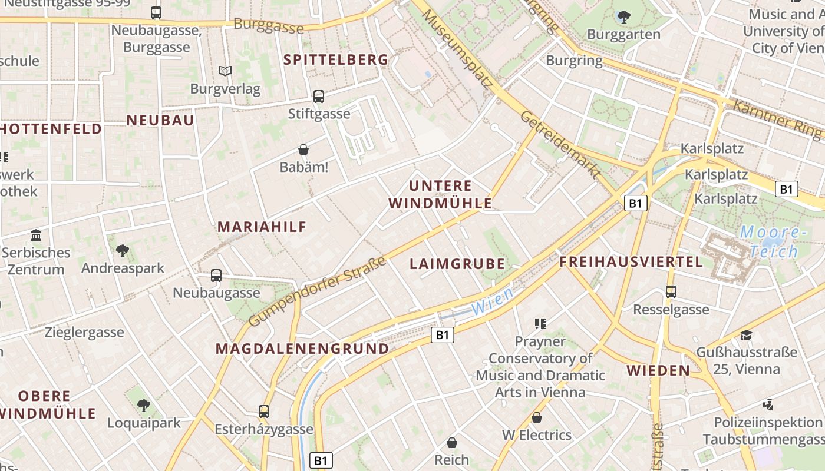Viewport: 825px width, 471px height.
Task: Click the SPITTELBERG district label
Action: (x=336, y=59)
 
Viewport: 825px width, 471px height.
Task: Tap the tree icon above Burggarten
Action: (x=623, y=16)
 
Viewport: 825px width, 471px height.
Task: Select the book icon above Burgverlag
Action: (x=225, y=71)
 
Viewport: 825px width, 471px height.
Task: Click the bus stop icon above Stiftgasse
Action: (x=319, y=96)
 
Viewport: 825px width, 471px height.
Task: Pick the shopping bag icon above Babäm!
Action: (x=303, y=150)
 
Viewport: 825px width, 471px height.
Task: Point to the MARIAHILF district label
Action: (x=262, y=227)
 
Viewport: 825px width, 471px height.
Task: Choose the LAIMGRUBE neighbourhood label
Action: (x=457, y=264)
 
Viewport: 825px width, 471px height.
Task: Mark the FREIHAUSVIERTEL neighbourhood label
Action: (x=631, y=262)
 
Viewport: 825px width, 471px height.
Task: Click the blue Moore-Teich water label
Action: (x=773, y=241)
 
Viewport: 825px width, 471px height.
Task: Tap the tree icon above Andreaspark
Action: (x=123, y=251)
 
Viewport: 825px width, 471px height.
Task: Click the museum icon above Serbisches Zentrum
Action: (x=36, y=235)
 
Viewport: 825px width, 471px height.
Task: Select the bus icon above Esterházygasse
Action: (x=263, y=412)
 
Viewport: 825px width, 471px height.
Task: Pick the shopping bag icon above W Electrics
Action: (x=537, y=417)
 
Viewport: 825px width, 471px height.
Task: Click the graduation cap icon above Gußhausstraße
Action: (x=747, y=335)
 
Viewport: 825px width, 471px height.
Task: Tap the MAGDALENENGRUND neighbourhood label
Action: (x=302, y=349)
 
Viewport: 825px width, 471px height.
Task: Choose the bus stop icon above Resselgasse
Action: (x=671, y=292)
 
